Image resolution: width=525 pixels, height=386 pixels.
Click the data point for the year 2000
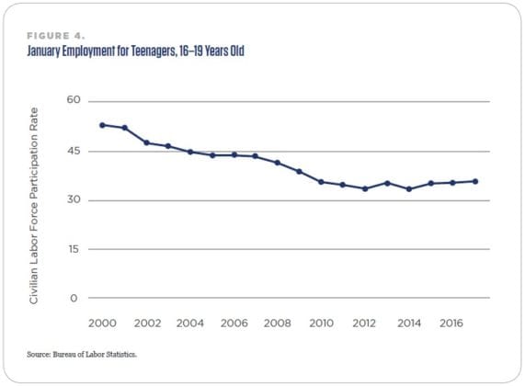pos(102,125)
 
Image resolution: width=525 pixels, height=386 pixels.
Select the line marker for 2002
pos(146,142)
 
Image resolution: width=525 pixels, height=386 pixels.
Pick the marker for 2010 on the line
pos(321,182)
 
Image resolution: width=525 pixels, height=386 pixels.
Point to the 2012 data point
pos(365,188)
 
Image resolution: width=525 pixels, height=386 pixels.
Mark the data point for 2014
pos(409,188)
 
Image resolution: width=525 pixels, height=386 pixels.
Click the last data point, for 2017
pos(475,181)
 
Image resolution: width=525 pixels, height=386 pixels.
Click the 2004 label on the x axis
pos(190,324)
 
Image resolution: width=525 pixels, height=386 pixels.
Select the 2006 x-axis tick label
pos(234,324)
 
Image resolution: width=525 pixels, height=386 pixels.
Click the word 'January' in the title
pos(51,50)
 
